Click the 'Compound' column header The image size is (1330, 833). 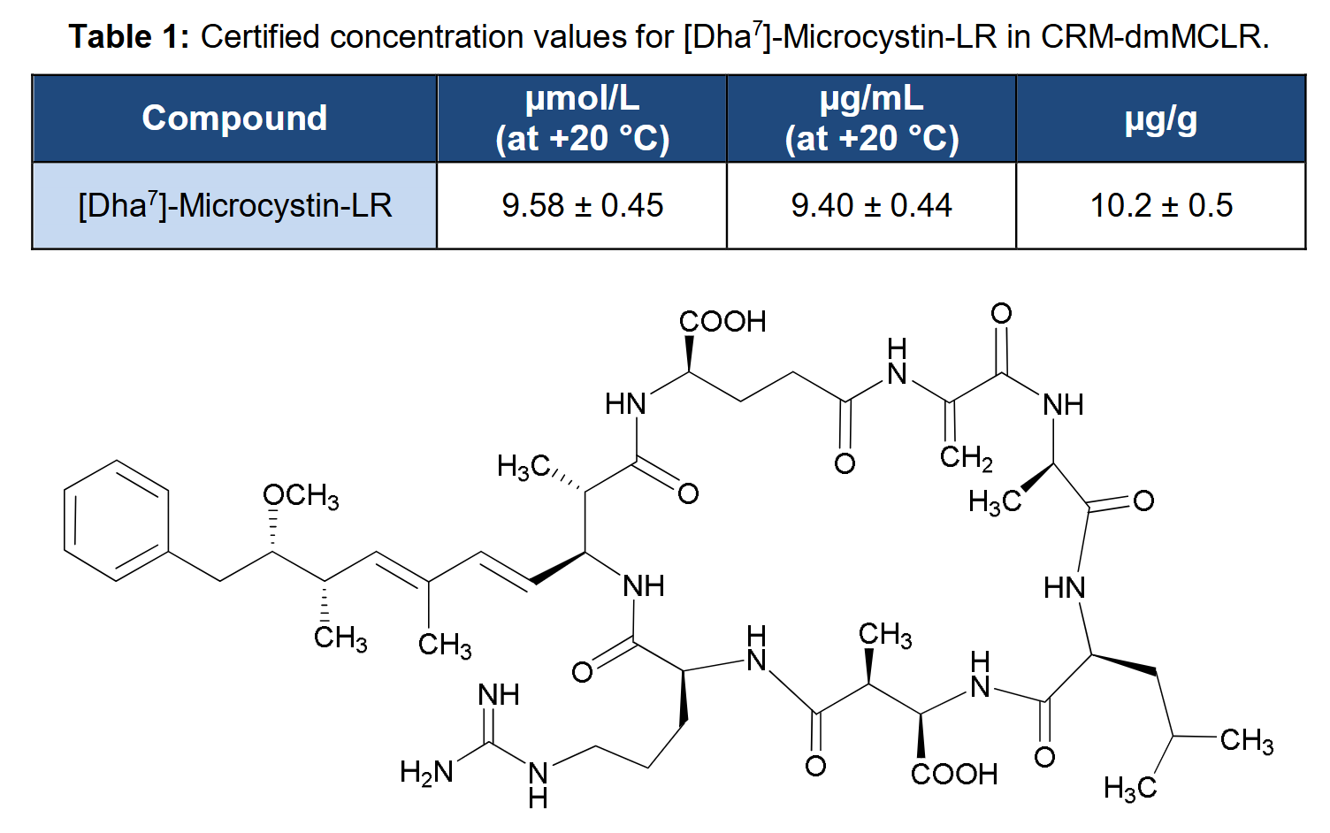click(234, 118)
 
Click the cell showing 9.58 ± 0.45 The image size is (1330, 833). click(583, 205)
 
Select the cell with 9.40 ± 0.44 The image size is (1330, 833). click(872, 205)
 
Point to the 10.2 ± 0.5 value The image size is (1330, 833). click(1161, 205)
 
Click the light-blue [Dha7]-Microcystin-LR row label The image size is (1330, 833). click(234, 205)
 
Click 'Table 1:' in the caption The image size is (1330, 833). click(129, 37)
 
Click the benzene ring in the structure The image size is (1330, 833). click(117, 520)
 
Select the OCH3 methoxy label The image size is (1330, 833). click(301, 496)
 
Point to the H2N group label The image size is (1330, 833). click(426, 772)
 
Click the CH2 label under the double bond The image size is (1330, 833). click(966, 458)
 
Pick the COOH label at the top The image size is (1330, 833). click(722, 322)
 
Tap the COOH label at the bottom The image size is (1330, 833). click(954, 775)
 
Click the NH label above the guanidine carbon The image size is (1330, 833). click(499, 695)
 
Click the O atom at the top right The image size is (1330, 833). click(1002, 313)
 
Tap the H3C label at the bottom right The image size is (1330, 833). click(1130, 789)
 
